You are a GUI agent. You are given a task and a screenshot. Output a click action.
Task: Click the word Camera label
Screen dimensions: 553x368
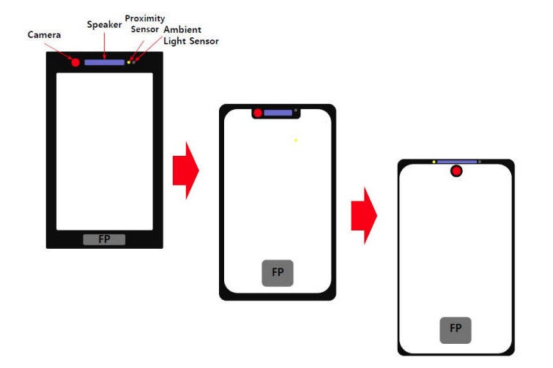(44, 34)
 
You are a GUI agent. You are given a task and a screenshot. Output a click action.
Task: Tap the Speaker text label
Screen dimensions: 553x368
(105, 25)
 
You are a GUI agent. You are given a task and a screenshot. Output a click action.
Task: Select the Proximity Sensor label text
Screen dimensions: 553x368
(145, 23)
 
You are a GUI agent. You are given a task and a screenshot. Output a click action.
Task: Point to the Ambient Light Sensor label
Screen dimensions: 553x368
(191, 35)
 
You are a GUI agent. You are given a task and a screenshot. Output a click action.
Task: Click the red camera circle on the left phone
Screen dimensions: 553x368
(75, 63)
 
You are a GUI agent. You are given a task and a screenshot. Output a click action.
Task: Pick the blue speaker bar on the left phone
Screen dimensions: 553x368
(105, 62)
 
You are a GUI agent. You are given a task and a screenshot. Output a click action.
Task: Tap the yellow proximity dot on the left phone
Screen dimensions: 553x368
(129, 62)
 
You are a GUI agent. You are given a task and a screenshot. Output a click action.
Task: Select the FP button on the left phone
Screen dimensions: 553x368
(104, 239)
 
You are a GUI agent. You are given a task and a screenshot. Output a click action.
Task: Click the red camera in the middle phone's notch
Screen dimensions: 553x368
(258, 113)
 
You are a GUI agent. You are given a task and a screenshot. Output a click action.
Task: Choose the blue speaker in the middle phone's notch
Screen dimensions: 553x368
(278, 113)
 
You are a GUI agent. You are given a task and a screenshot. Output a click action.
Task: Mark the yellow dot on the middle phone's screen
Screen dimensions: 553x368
(296, 140)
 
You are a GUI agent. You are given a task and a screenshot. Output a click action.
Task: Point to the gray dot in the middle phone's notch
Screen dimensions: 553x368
(296, 110)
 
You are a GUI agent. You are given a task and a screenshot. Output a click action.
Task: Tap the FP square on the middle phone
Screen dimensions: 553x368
(278, 273)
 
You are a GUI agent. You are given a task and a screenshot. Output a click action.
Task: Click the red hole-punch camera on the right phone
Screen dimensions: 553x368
(456, 171)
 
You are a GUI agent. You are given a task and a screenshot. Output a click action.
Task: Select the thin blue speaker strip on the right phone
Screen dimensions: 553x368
(457, 162)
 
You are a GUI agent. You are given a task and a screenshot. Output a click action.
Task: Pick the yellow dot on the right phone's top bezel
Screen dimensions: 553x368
(434, 162)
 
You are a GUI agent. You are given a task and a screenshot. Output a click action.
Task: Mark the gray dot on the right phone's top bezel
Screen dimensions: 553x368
(480, 162)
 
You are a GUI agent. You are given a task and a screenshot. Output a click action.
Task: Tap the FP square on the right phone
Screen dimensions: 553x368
(456, 330)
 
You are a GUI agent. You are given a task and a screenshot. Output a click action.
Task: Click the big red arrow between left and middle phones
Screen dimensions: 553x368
(186, 170)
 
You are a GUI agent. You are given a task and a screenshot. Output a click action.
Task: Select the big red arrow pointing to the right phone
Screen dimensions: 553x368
(364, 216)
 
